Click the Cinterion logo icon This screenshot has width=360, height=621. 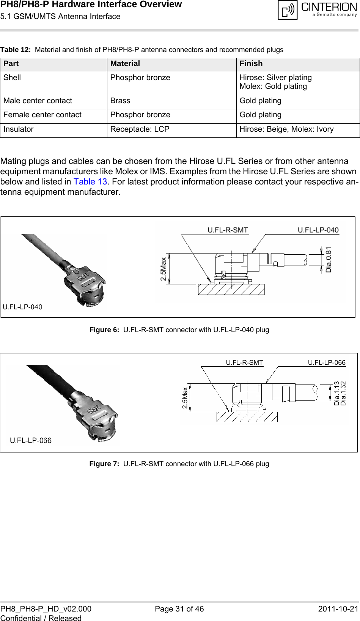287,10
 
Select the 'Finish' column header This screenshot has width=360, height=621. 251,64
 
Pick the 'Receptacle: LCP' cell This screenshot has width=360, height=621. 140,129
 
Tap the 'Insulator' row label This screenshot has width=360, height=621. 19,129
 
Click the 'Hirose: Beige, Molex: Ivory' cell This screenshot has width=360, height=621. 286,129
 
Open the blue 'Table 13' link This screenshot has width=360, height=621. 90,182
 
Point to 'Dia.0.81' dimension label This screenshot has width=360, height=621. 329,259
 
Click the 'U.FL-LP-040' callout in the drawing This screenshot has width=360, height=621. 318,230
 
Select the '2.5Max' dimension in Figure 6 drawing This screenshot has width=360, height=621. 163,269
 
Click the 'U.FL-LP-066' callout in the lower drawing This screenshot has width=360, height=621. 327,363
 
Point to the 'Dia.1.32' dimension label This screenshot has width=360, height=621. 344,393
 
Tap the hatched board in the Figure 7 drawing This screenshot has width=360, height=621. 247,417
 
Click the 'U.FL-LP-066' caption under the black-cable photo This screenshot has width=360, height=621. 31,441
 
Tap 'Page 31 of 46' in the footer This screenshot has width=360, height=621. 179,609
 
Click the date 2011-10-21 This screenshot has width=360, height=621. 338,609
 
